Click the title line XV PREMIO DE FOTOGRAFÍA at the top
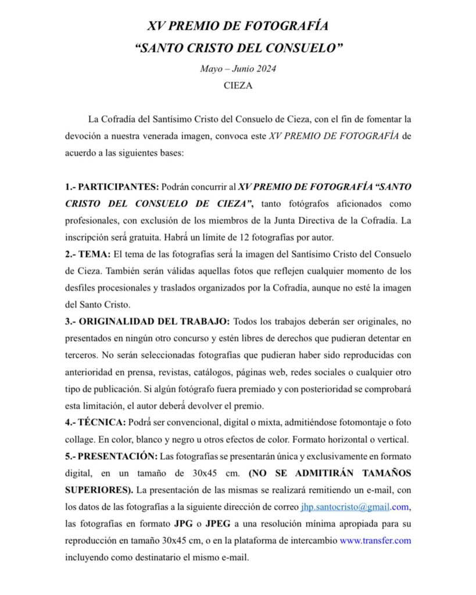click(x=238, y=26)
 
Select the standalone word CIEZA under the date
click(x=238, y=85)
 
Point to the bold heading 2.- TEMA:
click(x=88, y=254)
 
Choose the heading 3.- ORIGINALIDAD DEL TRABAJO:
click(x=147, y=321)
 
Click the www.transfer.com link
click(x=375, y=540)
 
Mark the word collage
click(x=79, y=440)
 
